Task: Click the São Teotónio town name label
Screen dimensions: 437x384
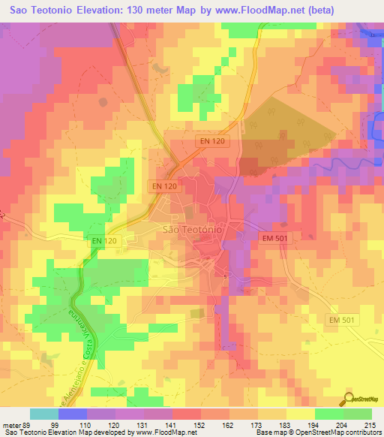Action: pyautogui.click(x=191, y=231)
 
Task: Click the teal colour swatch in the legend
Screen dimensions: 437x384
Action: pyautogui.click(x=44, y=414)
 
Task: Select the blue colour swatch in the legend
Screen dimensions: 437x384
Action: pyautogui.click(x=73, y=414)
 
